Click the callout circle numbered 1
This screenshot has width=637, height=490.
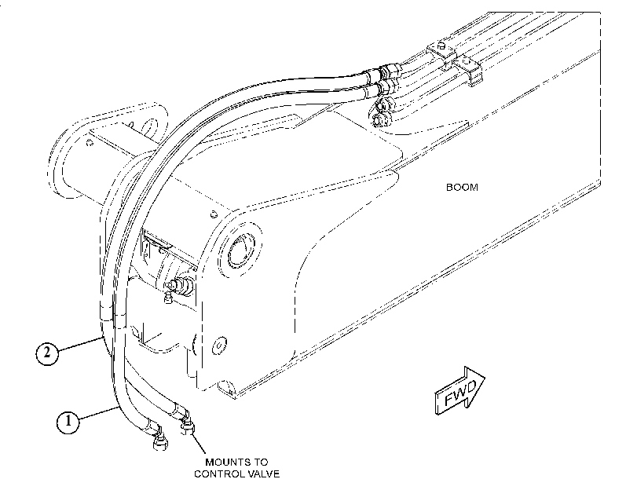[x=68, y=422]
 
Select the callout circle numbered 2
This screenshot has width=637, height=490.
[x=47, y=353]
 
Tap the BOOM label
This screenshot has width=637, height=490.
[x=462, y=188]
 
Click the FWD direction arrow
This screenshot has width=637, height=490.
[x=459, y=390]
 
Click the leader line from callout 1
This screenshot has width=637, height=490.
[x=98, y=414]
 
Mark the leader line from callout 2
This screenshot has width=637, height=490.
[x=79, y=344]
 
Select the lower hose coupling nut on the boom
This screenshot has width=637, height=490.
[x=386, y=86]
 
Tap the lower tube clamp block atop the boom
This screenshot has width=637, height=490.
[x=467, y=70]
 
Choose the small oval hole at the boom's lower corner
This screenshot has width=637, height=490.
[x=219, y=345]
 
